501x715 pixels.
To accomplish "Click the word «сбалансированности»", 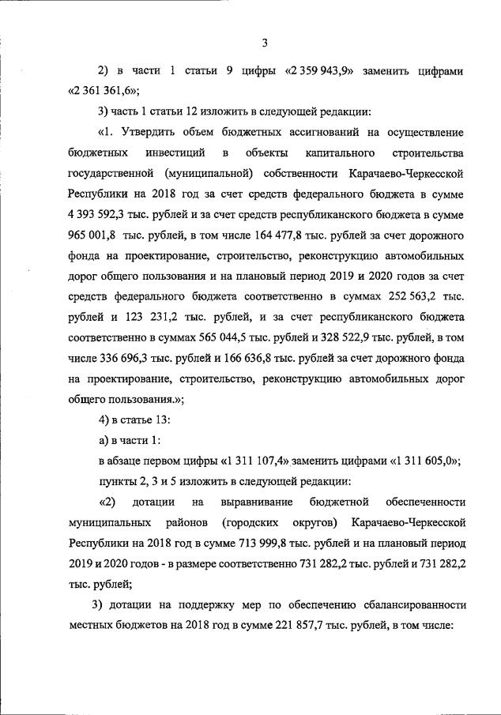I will click(412, 605).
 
